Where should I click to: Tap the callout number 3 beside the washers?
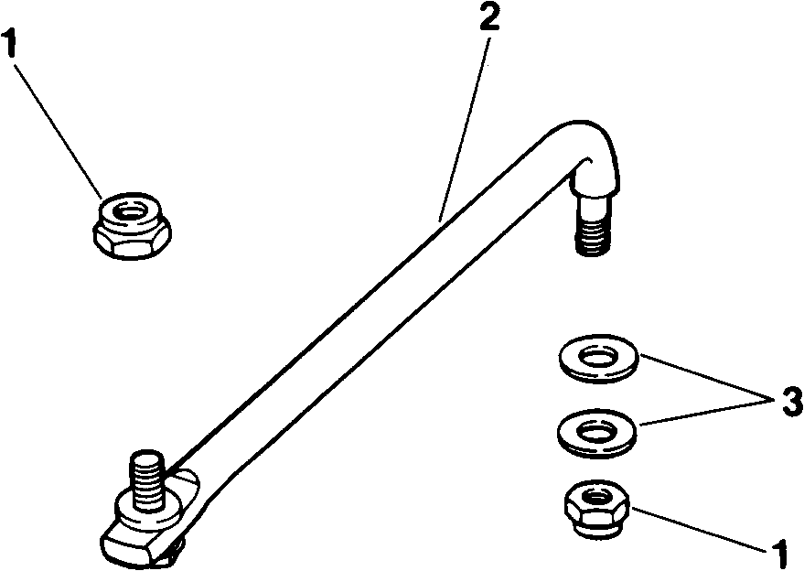click(788, 400)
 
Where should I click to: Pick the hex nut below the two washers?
click(597, 510)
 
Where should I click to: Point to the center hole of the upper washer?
click(599, 355)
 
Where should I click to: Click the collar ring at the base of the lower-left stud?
click(147, 508)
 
